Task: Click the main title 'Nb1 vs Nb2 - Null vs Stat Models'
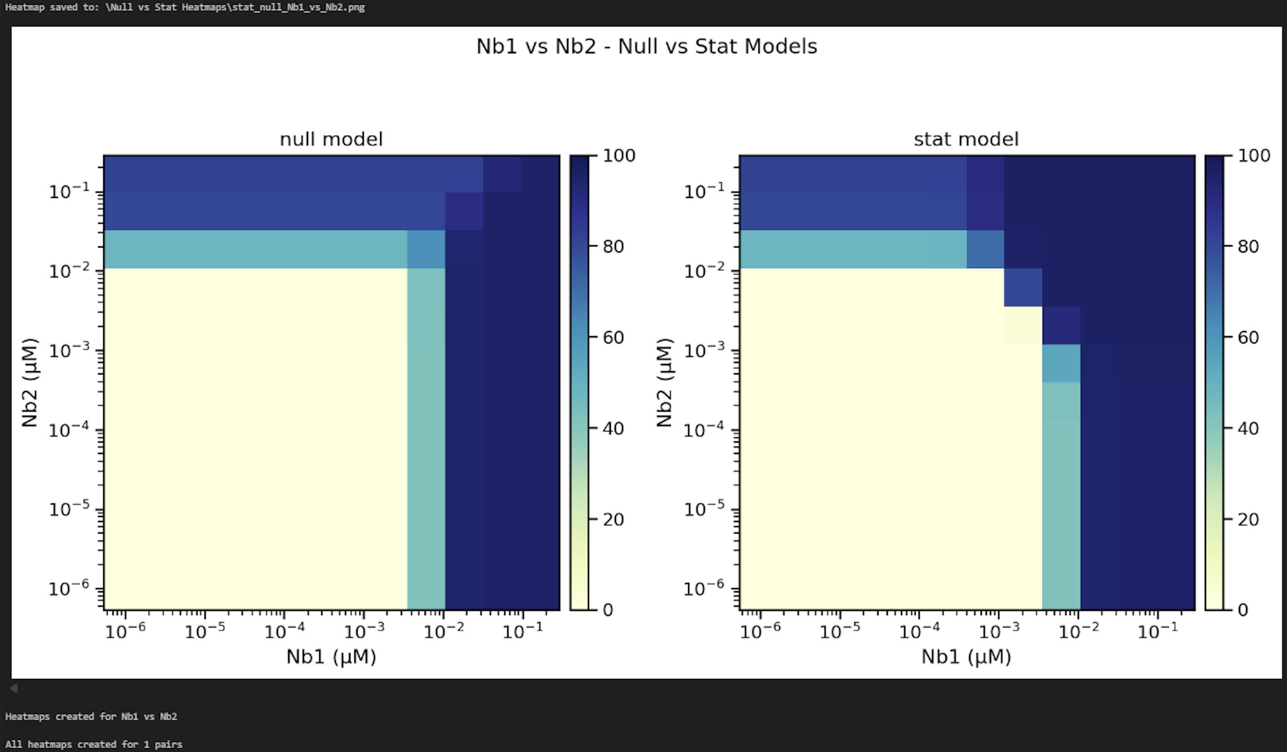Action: (x=646, y=47)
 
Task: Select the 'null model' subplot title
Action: (x=331, y=140)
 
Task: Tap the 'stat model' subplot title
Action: (x=966, y=140)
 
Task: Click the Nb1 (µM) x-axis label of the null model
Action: (x=331, y=657)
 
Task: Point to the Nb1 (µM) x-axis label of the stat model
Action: (x=966, y=657)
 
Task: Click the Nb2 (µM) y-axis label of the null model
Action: (x=30, y=382)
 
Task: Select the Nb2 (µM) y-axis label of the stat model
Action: (x=664, y=382)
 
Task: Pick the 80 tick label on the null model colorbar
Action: (x=613, y=247)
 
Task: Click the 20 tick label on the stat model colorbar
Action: (x=1248, y=519)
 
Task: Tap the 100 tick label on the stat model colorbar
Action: (x=1253, y=156)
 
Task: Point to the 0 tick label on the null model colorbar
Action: (x=607, y=610)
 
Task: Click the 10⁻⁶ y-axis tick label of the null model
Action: (x=69, y=589)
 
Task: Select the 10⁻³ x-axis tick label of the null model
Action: (x=364, y=631)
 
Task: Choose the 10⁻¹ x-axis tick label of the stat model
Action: (x=1158, y=631)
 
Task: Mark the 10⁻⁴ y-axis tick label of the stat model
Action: (x=703, y=430)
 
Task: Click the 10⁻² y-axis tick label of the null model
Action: (x=69, y=271)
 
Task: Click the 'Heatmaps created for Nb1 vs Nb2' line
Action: (x=91, y=716)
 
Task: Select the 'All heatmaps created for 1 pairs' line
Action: (x=93, y=744)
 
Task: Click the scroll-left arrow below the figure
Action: (x=14, y=688)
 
